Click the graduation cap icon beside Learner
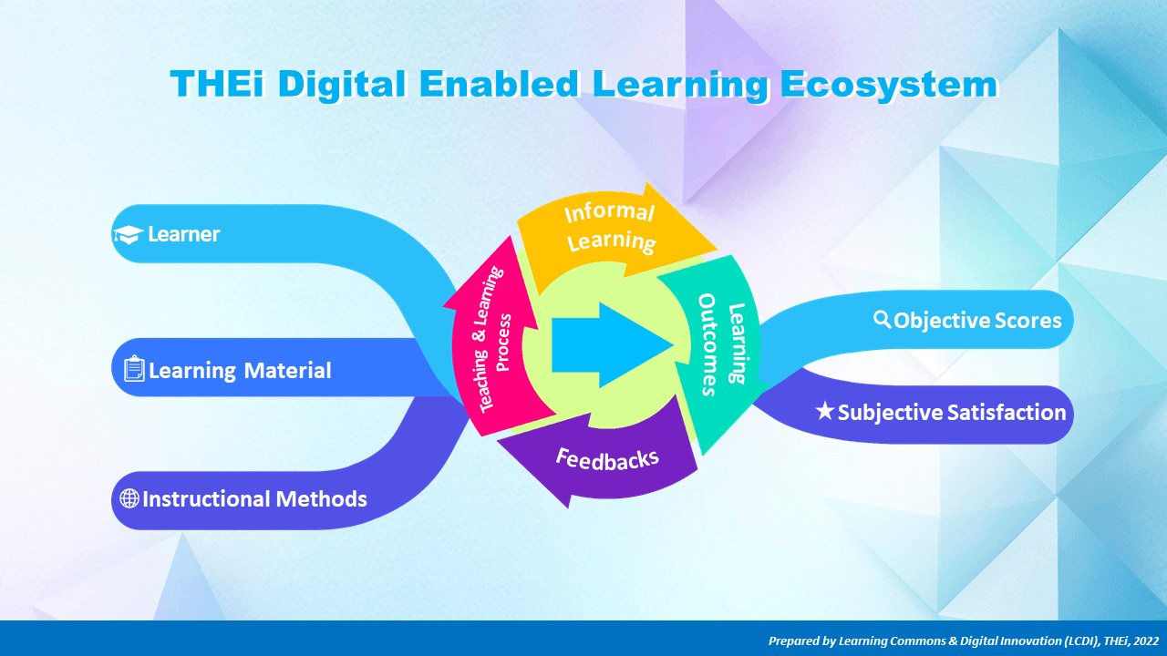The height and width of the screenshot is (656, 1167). (x=129, y=235)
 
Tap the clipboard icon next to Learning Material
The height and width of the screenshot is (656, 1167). (x=134, y=369)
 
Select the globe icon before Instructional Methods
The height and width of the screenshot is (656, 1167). (x=129, y=498)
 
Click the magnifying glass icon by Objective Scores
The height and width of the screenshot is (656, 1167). (x=882, y=319)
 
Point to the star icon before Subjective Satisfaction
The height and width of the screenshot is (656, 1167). (x=825, y=411)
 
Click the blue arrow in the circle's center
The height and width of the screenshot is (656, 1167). (x=613, y=344)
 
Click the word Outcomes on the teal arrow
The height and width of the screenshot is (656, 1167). (x=707, y=344)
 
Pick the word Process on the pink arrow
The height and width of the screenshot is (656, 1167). (x=503, y=343)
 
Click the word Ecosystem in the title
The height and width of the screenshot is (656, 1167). (x=889, y=85)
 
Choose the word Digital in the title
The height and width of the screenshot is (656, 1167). (x=342, y=84)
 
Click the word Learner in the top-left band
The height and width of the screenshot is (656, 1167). (x=184, y=234)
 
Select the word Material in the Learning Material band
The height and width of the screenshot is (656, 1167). (x=287, y=370)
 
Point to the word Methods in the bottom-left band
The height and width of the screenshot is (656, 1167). (x=322, y=498)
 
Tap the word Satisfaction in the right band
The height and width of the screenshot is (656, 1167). (x=1007, y=412)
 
